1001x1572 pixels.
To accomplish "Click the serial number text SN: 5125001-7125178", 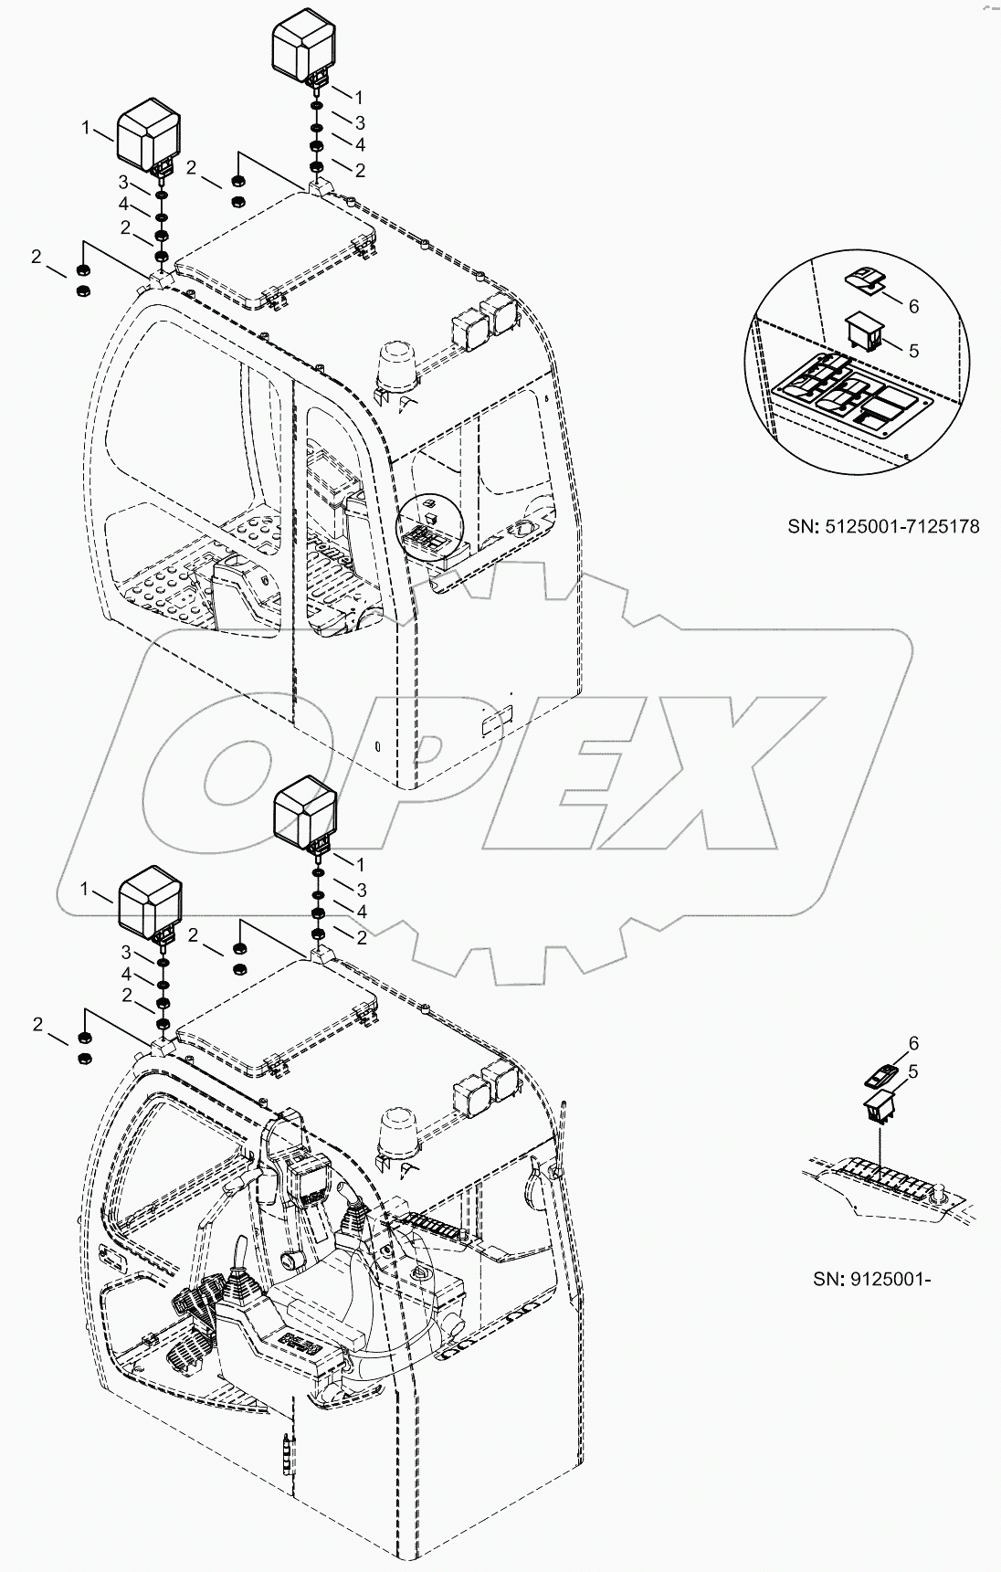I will [x=883, y=527].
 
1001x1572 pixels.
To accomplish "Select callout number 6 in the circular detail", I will [x=912, y=306].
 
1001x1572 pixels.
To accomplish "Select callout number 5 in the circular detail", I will [x=912, y=351].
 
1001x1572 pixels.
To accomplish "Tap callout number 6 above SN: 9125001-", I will [x=912, y=1043].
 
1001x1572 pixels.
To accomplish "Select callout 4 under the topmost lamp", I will [x=360, y=144].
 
